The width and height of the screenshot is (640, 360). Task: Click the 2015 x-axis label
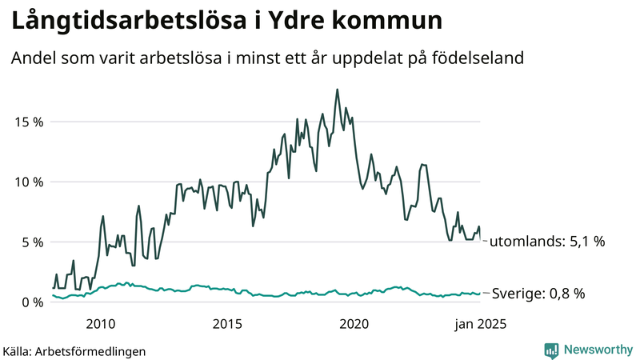click(227, 324)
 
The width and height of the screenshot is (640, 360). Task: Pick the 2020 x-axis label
click(354, 324)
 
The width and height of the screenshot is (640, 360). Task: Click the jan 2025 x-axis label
click(481, 324)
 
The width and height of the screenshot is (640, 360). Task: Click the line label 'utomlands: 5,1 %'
click(546, 241)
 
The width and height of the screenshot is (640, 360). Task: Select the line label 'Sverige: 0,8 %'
click(538, 294)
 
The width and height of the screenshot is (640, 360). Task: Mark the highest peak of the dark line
click(337, 89)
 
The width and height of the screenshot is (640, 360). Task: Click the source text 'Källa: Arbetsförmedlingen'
click(74, 350)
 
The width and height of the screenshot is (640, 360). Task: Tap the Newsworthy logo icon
click(551, 350)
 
